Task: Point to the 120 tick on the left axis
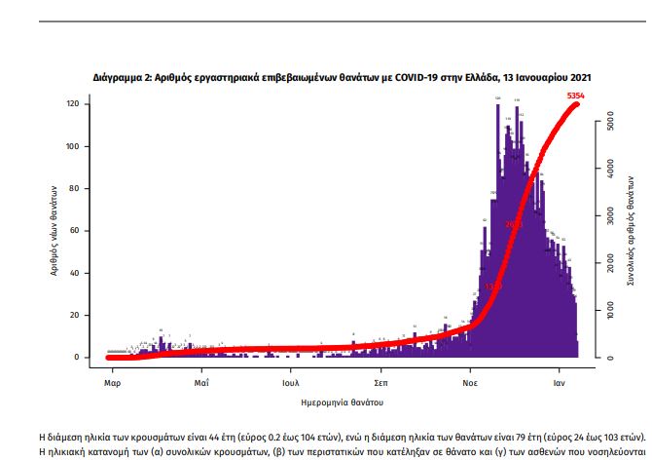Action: (x=72, y=104)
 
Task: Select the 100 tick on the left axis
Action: (x=72, y=146)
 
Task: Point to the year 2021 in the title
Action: (x=576, y=76)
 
